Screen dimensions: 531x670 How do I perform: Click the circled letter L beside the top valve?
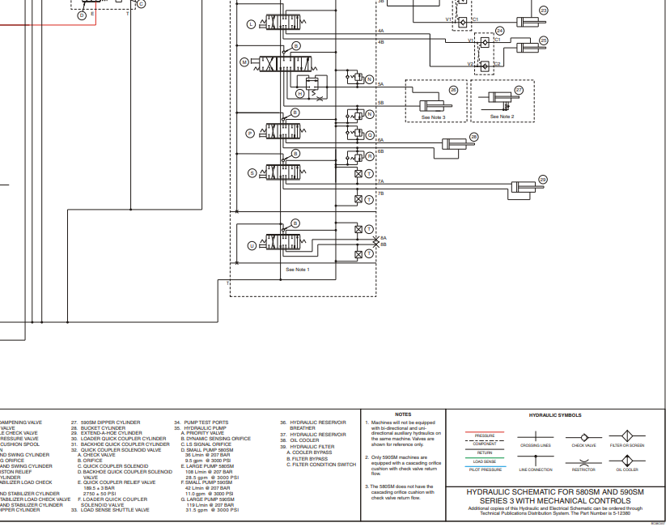click(x=251, y=24)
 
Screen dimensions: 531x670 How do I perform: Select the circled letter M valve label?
click(x=244, y=62)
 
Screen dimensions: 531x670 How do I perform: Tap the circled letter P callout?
click(x=251, y=132)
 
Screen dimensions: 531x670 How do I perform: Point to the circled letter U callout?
click(x=252, y=245)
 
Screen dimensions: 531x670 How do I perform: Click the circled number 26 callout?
click(x=453, y=91)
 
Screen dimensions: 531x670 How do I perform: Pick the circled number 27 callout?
click(x=519, y=91)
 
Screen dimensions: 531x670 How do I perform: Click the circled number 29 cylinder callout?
click(x=543, y=180)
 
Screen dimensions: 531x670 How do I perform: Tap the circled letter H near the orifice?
click(x=299, y=94)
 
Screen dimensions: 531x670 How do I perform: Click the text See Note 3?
click(x=433, y=117)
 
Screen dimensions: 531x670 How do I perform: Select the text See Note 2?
click(x=502, y=117)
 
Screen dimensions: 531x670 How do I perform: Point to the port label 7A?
click(x=380, y=182)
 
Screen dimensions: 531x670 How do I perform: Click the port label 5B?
click(x=380, y=103)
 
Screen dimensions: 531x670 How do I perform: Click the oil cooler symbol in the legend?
click(x=627, y=460)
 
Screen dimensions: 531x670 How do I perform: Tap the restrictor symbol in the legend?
click(x=583, y=460)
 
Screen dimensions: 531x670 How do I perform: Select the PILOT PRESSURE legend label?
click(x=486, y=469)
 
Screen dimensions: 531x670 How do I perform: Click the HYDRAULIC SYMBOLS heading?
click(x=555, y=415)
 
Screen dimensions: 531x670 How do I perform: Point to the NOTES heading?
click(x=403, y=414)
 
